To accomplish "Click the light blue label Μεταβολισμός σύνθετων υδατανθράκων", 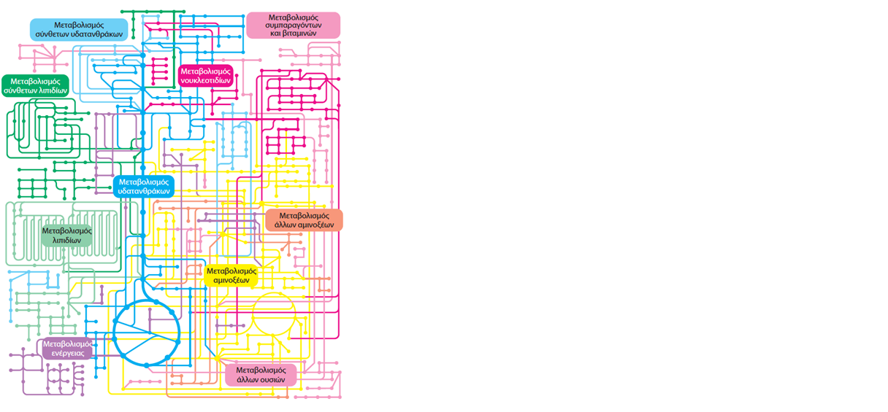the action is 79,30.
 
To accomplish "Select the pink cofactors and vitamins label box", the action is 294,26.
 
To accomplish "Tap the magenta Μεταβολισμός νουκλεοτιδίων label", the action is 205,76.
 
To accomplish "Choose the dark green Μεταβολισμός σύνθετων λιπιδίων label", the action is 35,86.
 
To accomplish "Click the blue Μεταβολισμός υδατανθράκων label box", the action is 144,187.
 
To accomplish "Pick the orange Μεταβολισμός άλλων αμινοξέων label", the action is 304,220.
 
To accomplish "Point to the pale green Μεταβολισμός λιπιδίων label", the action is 66,236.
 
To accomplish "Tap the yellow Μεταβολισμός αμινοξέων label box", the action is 231,276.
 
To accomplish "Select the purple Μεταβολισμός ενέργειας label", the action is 67,349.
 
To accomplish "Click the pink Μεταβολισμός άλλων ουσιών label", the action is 261,375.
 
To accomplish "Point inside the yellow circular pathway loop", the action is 274,314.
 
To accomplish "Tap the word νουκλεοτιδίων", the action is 205,80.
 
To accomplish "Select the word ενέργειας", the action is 68,353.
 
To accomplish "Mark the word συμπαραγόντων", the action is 294,26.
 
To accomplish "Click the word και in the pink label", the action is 275,34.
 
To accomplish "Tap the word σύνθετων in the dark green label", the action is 18,90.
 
